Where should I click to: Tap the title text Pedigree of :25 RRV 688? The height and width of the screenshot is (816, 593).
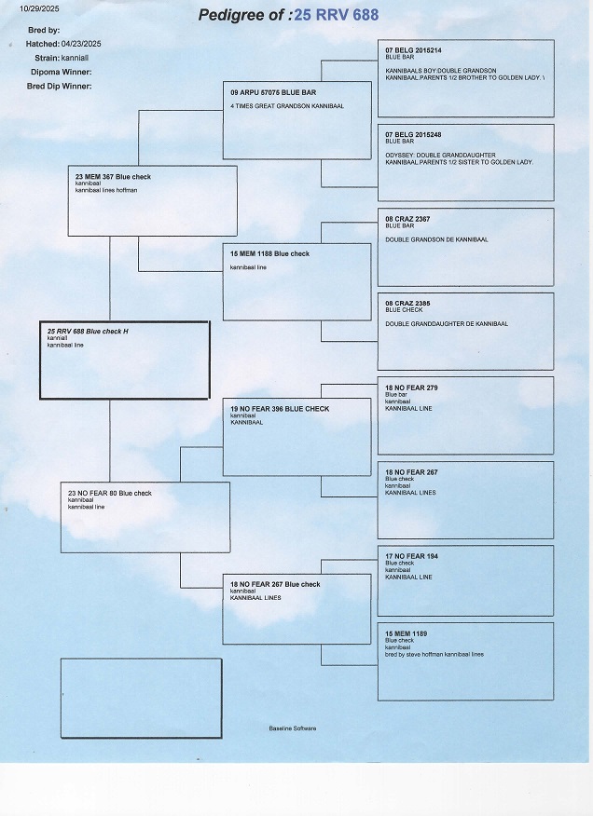pyautogui.click(x=289, y=15)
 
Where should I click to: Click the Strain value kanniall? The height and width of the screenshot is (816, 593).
pyautogui.click(x=76, y=58)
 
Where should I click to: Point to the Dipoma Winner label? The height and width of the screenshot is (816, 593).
pyautogui.click(x=61, y=72)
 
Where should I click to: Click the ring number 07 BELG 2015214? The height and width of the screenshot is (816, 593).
pyautogui.click(x=413, y=49)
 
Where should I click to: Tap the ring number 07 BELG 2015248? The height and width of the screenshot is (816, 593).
pyautogui.click(x=413, y=134)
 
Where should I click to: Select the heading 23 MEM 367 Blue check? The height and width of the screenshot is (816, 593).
pyautogui.click(x=113, y=177)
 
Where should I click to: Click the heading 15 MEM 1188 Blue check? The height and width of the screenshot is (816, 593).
pyautogui.click(x=269, y=253)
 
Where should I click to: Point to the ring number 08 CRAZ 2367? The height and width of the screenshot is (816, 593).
pyautogui.click(x=407, y=219)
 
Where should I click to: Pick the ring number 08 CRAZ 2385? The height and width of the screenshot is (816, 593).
pyautogui.click(x=407, y=303)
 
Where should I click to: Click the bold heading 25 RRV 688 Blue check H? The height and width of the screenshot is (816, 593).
pyautogui.click(x=88, y=332)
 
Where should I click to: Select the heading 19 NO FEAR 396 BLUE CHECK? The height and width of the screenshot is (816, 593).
pyautogui.click(x=279, y=409)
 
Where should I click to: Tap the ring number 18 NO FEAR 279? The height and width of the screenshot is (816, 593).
pyautogui.click(x=411, y=387)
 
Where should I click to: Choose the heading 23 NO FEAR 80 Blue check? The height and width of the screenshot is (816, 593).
pyautogui.click(x=110, y=493)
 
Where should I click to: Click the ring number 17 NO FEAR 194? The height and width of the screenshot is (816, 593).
pyautogui.click(x=411, y=556)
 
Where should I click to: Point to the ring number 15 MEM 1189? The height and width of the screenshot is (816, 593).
pyautogui.click(x=406, y=633)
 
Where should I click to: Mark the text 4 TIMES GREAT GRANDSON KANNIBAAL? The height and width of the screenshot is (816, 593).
pyautogui.click(x=286, y=106)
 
